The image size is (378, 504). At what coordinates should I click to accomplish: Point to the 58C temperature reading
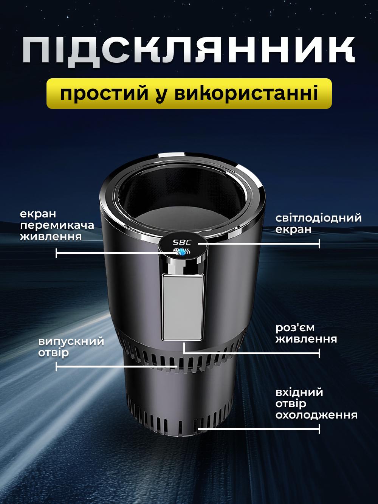[x=182, y=242]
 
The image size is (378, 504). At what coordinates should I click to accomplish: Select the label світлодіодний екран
[x=318, y=223]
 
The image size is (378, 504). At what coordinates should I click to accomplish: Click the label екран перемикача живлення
[x=57, y=225]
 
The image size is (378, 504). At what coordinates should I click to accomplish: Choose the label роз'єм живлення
[x=306, y=333]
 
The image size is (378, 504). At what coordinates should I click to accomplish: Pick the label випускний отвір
[x=71, y=347]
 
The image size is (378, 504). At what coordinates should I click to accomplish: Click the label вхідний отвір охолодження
[x=316, y=403]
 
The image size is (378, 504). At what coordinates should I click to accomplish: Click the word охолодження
[x=316, y=415]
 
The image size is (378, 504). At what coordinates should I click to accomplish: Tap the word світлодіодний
[x=318, y=218]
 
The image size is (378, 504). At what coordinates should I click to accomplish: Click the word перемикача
[x=57, y=225]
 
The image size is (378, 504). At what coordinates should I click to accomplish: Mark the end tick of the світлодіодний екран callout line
[x=319, y=243]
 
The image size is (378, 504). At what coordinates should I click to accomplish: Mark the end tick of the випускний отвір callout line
[x=56, y=366]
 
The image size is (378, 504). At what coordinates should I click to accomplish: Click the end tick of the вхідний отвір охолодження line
[x=319, y=429]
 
